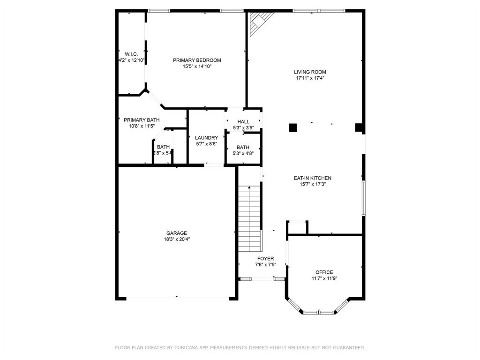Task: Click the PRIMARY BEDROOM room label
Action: (x=197, y=60)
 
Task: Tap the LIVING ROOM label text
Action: (x=310, y=72)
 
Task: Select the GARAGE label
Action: (x=176, y=233)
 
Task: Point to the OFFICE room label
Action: (x=324, y=272)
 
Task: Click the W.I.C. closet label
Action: (x=131, y=54)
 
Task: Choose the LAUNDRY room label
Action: (x=206, y=138)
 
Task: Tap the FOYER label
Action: (x=265, y=259)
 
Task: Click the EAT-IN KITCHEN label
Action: (x=312, y=178)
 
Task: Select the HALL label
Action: (x=243, y=122)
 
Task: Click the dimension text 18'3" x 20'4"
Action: (x=176, y=239)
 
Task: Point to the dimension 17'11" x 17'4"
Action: (x=310, y=78)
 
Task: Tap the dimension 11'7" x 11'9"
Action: (x=324, y=278)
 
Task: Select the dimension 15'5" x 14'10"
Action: (x=197, y=67)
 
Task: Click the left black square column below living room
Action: (x=293, y=127)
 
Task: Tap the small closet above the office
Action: (x=297, y=228)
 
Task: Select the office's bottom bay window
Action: (x=319, y=312)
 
